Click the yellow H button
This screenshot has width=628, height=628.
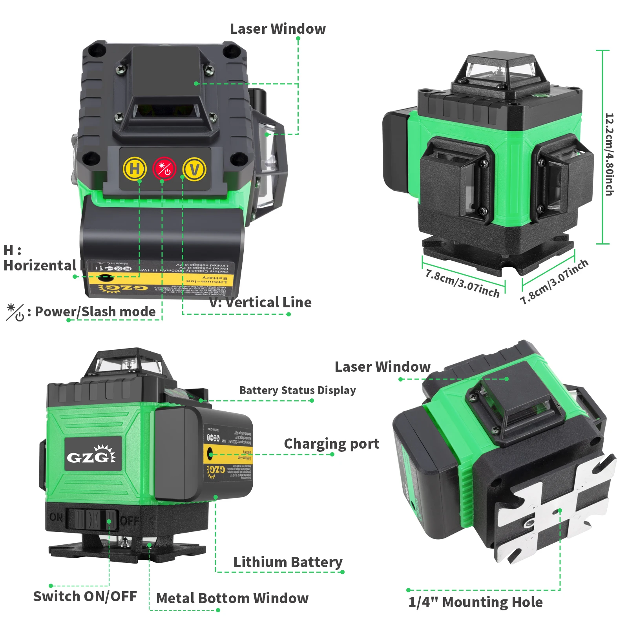[x=135, y=169]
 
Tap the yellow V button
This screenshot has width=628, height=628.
[x=194, y=169]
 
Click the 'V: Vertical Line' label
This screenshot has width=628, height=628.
[x=260, y=303]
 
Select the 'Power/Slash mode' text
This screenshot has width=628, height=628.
[x=95, y=312]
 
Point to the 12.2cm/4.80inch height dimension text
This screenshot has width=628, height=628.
[x=609, y=154]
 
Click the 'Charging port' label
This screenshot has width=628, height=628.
[x=332, y=444]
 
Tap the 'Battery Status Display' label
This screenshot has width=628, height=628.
[x=298, y=391]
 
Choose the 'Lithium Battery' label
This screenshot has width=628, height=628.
[x=288, y=562]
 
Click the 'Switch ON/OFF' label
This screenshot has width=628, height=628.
[x=85, y=596]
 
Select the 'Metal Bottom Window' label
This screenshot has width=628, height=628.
[x=232, y=599]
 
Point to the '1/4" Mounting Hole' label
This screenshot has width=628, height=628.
[x=475, y=602]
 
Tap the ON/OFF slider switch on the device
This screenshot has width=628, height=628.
[x=92, y=519]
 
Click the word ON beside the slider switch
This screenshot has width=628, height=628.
[x=56, y=517]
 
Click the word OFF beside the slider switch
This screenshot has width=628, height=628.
[x=129, y=520]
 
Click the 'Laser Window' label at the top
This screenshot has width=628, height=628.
[x=277, y=29]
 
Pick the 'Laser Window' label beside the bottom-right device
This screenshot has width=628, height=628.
[x=382, y=367]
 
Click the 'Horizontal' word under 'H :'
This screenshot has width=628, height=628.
[x=40, y=266]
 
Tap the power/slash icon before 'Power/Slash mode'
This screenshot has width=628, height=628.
[x=15, y=312]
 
